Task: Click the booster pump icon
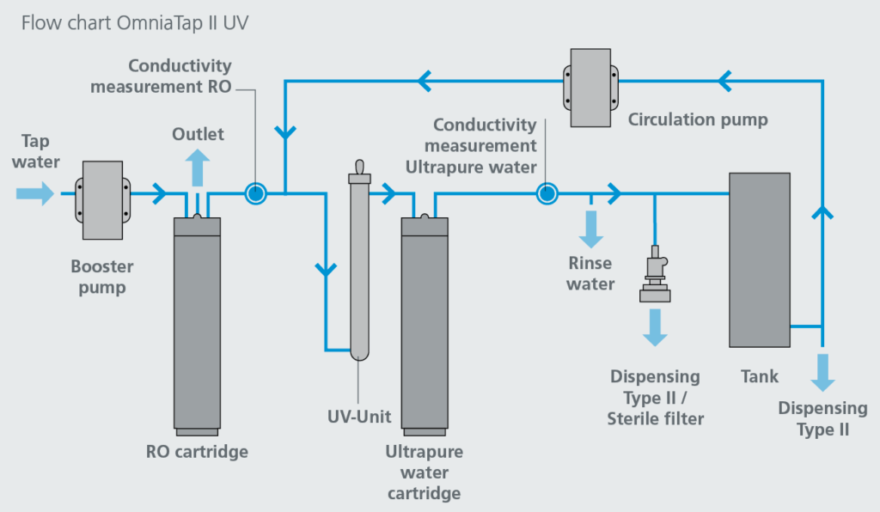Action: (103, 198)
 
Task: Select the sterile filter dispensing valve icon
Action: (655, 275)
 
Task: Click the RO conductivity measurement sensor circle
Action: (255, 193)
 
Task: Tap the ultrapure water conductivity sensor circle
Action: (546, 193)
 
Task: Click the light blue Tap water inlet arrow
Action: (35, 193)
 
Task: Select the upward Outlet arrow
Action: (197, 165)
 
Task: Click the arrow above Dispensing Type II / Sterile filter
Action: (655, 326)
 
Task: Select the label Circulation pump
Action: (697, 119)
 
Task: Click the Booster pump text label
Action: (102, 277)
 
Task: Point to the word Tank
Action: (759, 376)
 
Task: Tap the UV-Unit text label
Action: (359, 418)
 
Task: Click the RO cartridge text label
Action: (197, 452)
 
